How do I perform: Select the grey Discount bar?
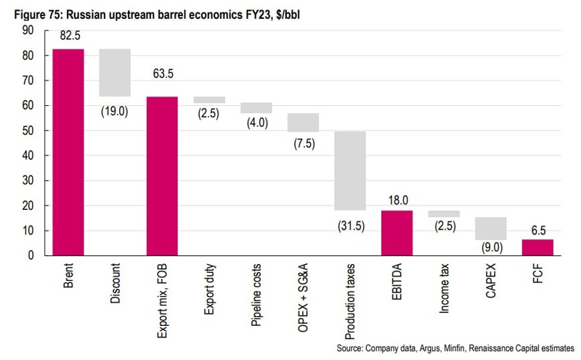[x=115, y=73]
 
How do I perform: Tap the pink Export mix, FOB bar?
[x=161, y=176]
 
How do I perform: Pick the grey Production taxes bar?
[x=350, y=171]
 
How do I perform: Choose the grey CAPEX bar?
[x=491, y=229]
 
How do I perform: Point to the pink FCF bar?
[x=537, y=247]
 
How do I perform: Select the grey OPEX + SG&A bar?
[x=303, y=122]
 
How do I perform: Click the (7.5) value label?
[x=303, y=143]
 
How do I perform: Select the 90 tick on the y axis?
[x=28, y=30]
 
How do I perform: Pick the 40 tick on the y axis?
[x=28, y=155]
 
